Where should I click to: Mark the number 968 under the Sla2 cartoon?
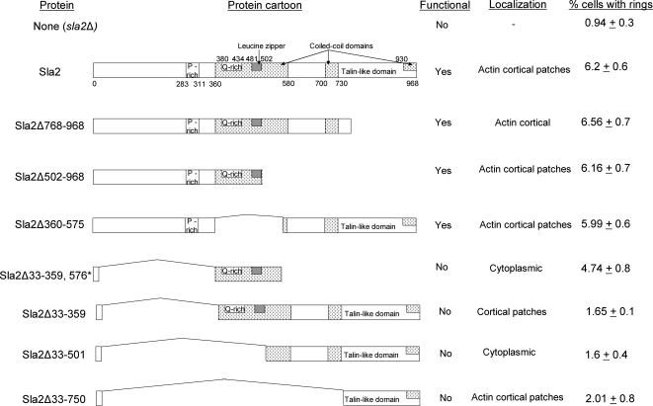[x=416, y=85]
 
